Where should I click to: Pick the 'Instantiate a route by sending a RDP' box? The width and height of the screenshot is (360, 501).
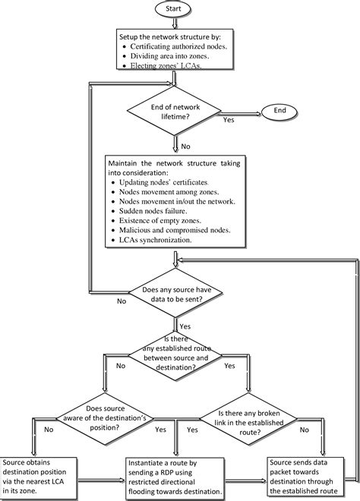click(x=176, y=477)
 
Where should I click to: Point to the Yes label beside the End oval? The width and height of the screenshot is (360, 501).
click(x=228, y=119)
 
